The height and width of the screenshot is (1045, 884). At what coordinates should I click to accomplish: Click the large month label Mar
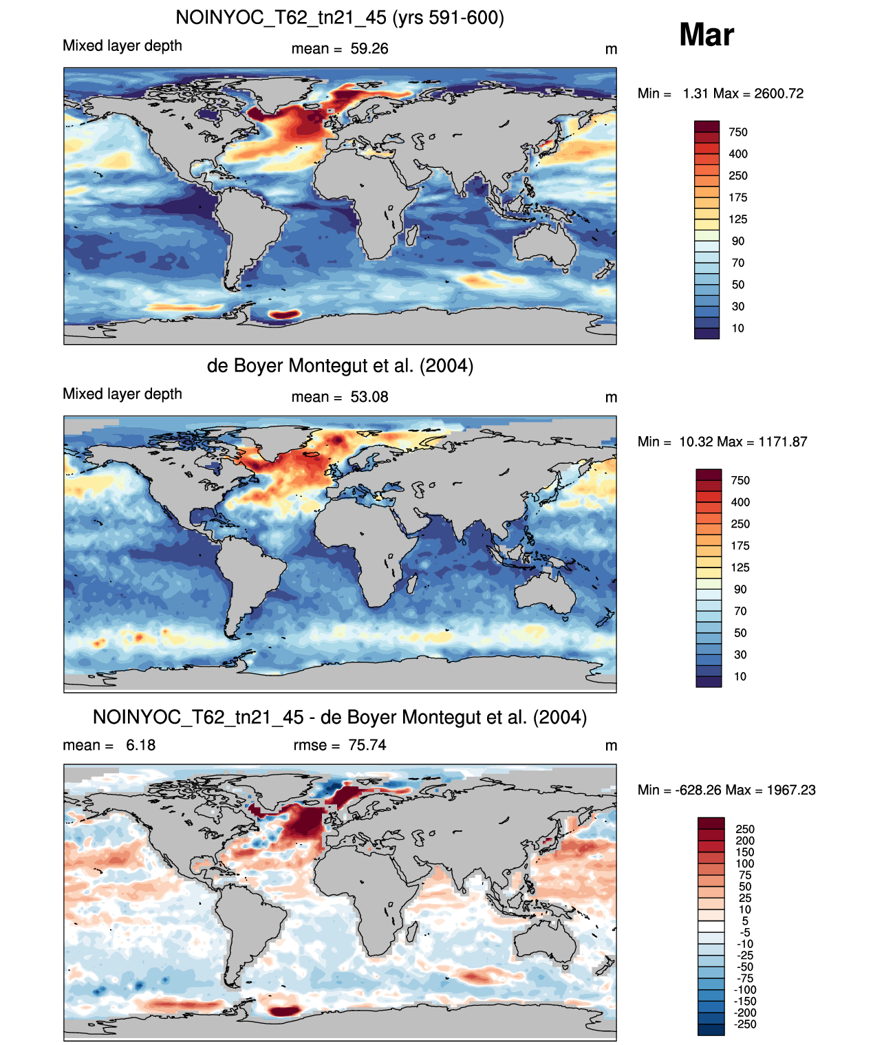pos(706,35)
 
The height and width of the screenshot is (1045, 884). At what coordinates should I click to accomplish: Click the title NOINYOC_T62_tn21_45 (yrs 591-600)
pos(340,18)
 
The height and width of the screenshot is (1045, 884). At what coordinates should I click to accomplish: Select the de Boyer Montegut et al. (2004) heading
pos(340,365)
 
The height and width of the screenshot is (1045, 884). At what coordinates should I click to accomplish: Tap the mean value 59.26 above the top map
pos(369,49)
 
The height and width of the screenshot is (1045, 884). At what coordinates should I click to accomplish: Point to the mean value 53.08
pos(369,397)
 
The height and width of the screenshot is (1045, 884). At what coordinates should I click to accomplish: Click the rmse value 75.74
pos(367,745)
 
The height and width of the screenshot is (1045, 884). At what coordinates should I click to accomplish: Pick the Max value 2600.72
pos(779,94)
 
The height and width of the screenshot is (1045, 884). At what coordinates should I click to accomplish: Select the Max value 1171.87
pos(782,442)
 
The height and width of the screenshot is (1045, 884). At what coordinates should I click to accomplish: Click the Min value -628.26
pos(693,790)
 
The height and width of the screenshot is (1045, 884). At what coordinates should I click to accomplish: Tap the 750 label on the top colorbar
pos(738,133)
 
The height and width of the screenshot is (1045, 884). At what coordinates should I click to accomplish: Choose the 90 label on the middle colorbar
pos(740,590)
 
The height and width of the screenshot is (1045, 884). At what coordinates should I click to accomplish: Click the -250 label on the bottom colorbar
pos(746,1025)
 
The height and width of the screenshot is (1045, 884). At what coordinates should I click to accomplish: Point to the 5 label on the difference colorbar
pos(745,920)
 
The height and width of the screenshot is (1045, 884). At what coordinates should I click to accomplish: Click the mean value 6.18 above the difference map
pos(140,745)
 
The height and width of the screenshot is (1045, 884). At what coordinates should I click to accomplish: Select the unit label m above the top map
pos(611,50)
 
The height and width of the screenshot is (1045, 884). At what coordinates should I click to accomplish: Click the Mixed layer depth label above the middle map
pos(122,394)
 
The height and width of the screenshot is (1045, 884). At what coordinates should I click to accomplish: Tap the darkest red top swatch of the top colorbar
pos(707,127)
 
